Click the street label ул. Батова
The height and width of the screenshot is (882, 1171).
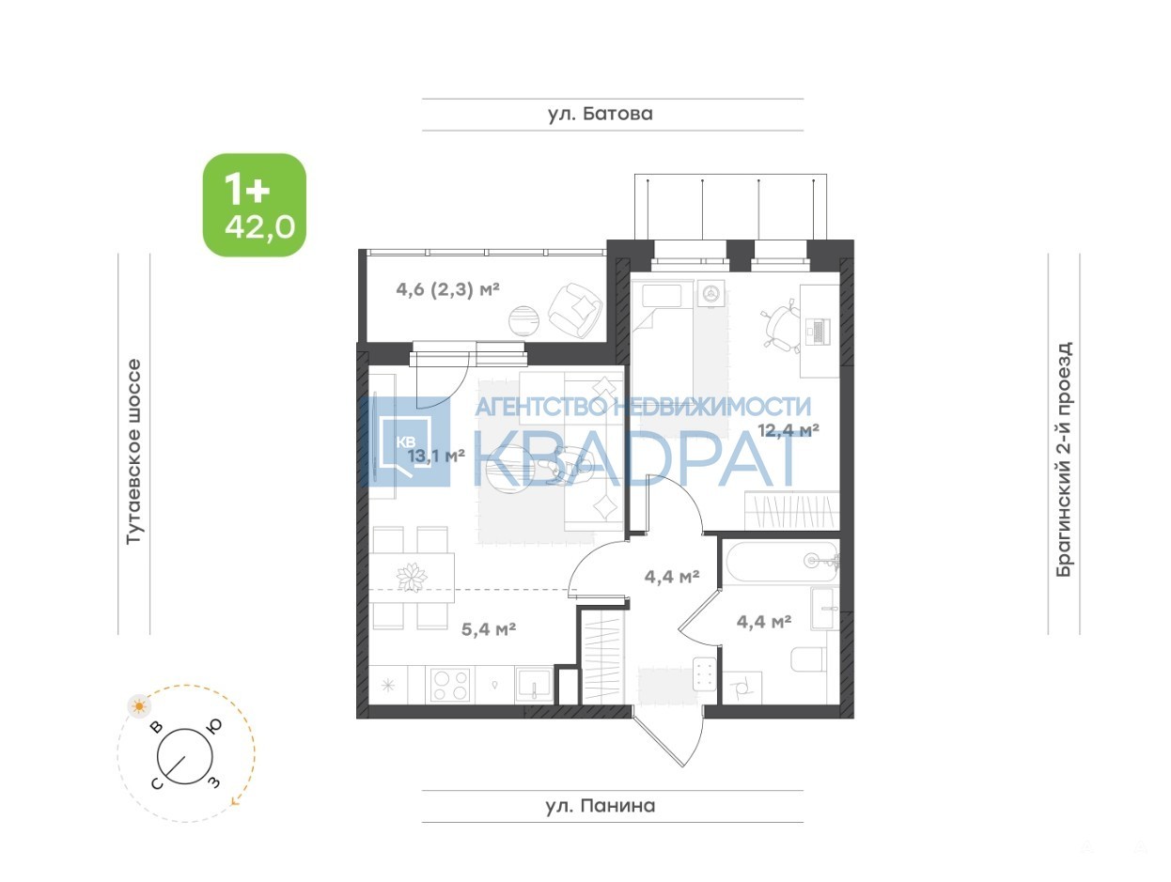pos(600,114)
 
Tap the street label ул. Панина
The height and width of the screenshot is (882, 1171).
pos(600,805)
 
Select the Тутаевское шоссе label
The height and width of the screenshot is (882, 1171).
pos(133,452)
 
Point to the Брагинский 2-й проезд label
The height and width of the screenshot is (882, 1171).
pos(1063,458)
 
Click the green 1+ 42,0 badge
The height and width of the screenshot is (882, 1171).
pos(254,205)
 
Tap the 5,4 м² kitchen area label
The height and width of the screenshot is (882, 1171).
pos(488,629)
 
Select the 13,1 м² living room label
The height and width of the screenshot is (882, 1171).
pos(436,456)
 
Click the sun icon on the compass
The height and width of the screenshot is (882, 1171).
pos(139,706)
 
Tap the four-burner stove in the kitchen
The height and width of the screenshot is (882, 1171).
pos(451,685)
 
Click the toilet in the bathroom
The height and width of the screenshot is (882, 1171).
pos(808,659)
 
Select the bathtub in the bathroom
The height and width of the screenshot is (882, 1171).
pos(782,562)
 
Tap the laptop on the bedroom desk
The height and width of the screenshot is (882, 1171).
pos(817,332)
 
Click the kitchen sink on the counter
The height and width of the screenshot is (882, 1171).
pos(534,686)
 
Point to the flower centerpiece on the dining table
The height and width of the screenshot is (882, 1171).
pos(412,578)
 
